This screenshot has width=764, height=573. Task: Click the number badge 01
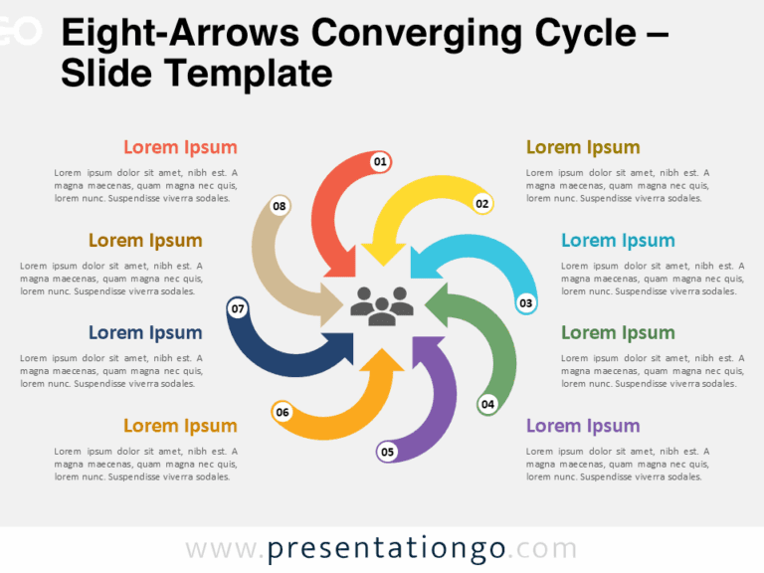click(x=380, y=161)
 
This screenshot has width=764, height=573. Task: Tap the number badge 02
click(x=482, y=204)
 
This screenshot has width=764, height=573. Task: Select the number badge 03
click(x=526, y=302)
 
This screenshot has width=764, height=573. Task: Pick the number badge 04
click(x=487, y=405)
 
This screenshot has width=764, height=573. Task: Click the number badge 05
click(x=387, y=453)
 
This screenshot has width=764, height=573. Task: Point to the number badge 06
click(x=283, y=412)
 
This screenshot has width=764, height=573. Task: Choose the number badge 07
click(x=238, y=309)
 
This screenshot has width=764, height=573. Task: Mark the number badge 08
click(x=280, y=207)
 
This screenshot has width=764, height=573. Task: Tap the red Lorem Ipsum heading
click(x=180, y=147)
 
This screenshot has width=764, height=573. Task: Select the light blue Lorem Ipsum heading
click(x=618, y=240)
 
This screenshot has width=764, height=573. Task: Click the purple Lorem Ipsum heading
click(x=583, y=426)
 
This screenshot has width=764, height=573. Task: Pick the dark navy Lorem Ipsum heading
click(x=145, y=332)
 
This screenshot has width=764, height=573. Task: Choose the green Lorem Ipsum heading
click(x=618, y=332)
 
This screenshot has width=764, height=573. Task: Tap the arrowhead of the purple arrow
click(x=423, y=348)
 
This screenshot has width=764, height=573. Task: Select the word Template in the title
click(x=263, y=74)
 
